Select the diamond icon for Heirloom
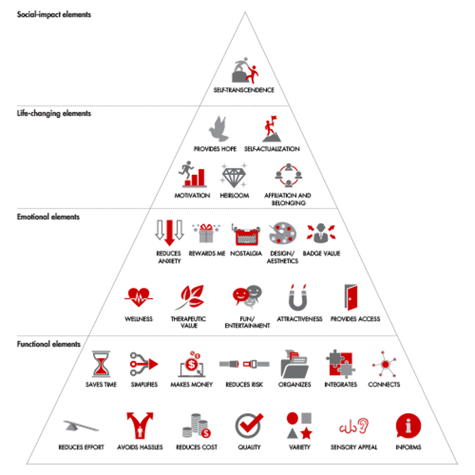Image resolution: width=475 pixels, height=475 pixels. pyautogui.click(x=234, y=175)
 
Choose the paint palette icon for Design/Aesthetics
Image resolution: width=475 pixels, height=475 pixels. pyautogui.click(x=283, y=233)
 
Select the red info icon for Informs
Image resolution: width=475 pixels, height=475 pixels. pyautogui.click(x=407, y=425)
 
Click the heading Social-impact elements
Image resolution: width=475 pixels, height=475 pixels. pyautogui.click(x=54, y=14)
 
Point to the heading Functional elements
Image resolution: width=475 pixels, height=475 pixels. pyautogui.click(x=49, y=344)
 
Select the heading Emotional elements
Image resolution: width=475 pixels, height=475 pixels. pyautogui.click(x=48, y=217)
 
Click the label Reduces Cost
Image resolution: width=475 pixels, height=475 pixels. pyautogui.click(x=196, y=447)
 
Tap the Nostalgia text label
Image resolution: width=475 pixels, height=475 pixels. pyautogui.click(x=246, y=254)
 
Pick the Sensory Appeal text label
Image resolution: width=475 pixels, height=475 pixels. pyautogui.click(x=354, y=447)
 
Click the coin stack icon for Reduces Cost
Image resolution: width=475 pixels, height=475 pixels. pyautogui.click(x=196, y=425)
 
